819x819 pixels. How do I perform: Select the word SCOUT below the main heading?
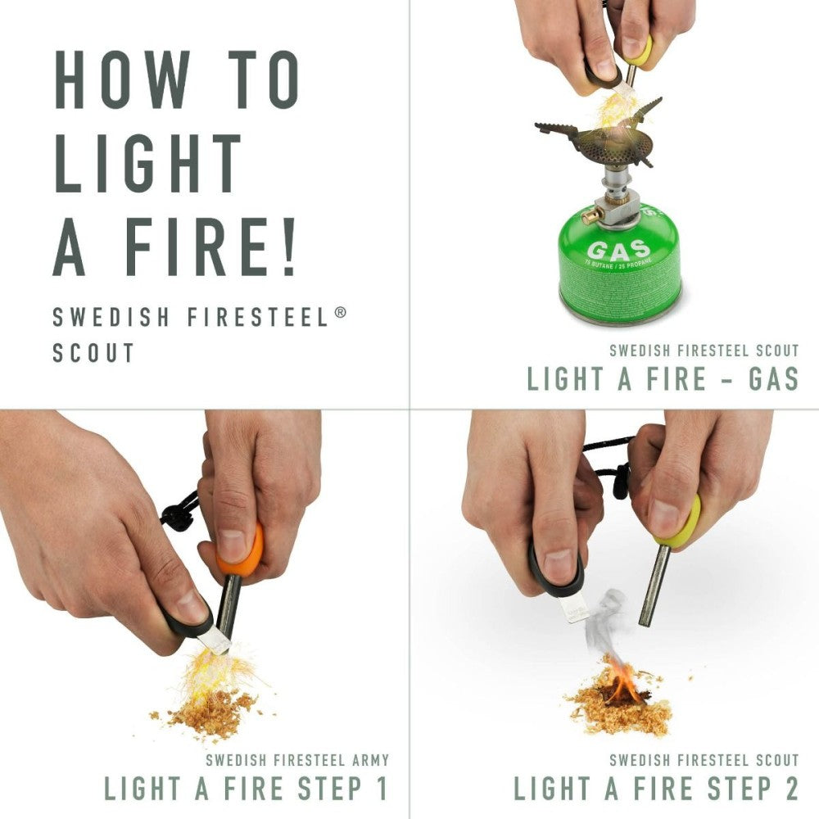(x=93, y=353)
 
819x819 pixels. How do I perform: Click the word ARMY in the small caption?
(x=369, y=759)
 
